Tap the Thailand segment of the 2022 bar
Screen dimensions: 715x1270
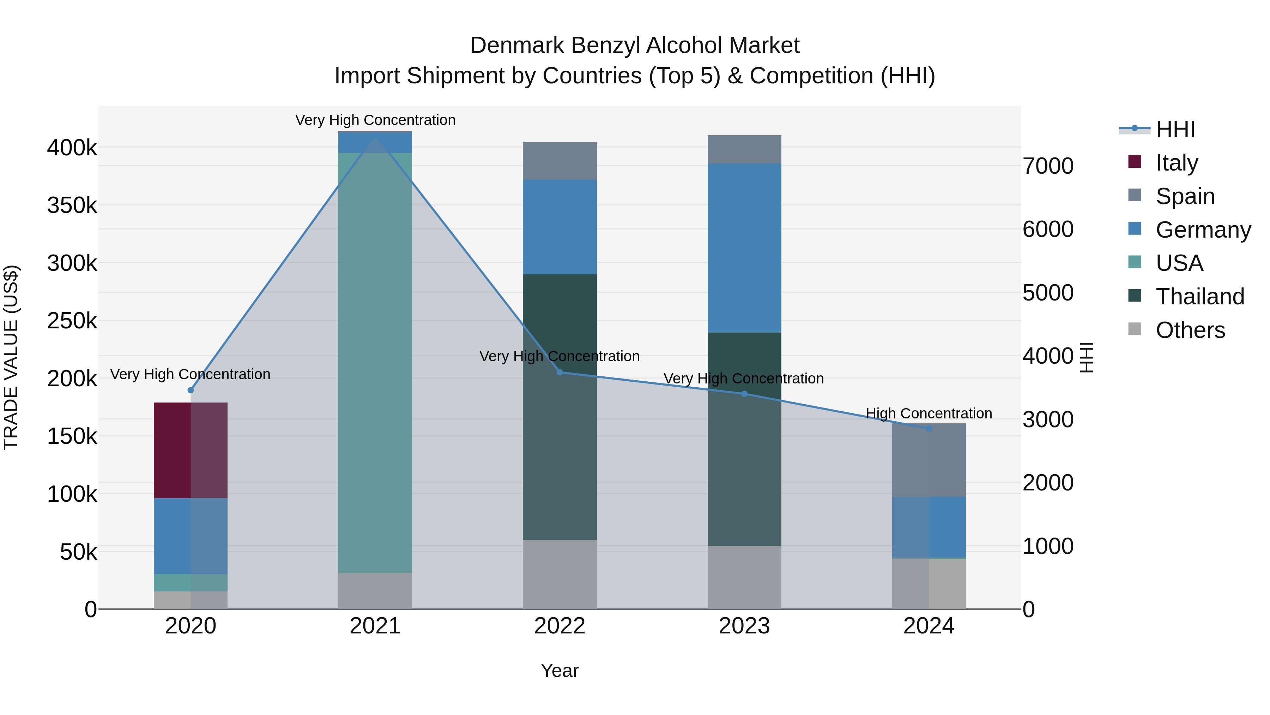point(560,407)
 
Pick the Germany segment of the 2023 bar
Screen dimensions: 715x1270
point(744,248)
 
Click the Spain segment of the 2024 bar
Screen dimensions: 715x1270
point(929,460)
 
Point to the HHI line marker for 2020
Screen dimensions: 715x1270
point(191,390)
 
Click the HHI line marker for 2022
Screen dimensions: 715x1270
point(560,372)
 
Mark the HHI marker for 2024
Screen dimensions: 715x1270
point(929,429)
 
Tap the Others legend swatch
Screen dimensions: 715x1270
point(1135,329)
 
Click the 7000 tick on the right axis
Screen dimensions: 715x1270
point(1048,166)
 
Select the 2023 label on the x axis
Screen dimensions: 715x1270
point(744,626)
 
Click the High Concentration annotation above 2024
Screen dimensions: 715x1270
point(929,413)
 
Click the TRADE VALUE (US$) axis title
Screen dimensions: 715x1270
point(11,357)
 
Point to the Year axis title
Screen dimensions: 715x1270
point(560,671)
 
